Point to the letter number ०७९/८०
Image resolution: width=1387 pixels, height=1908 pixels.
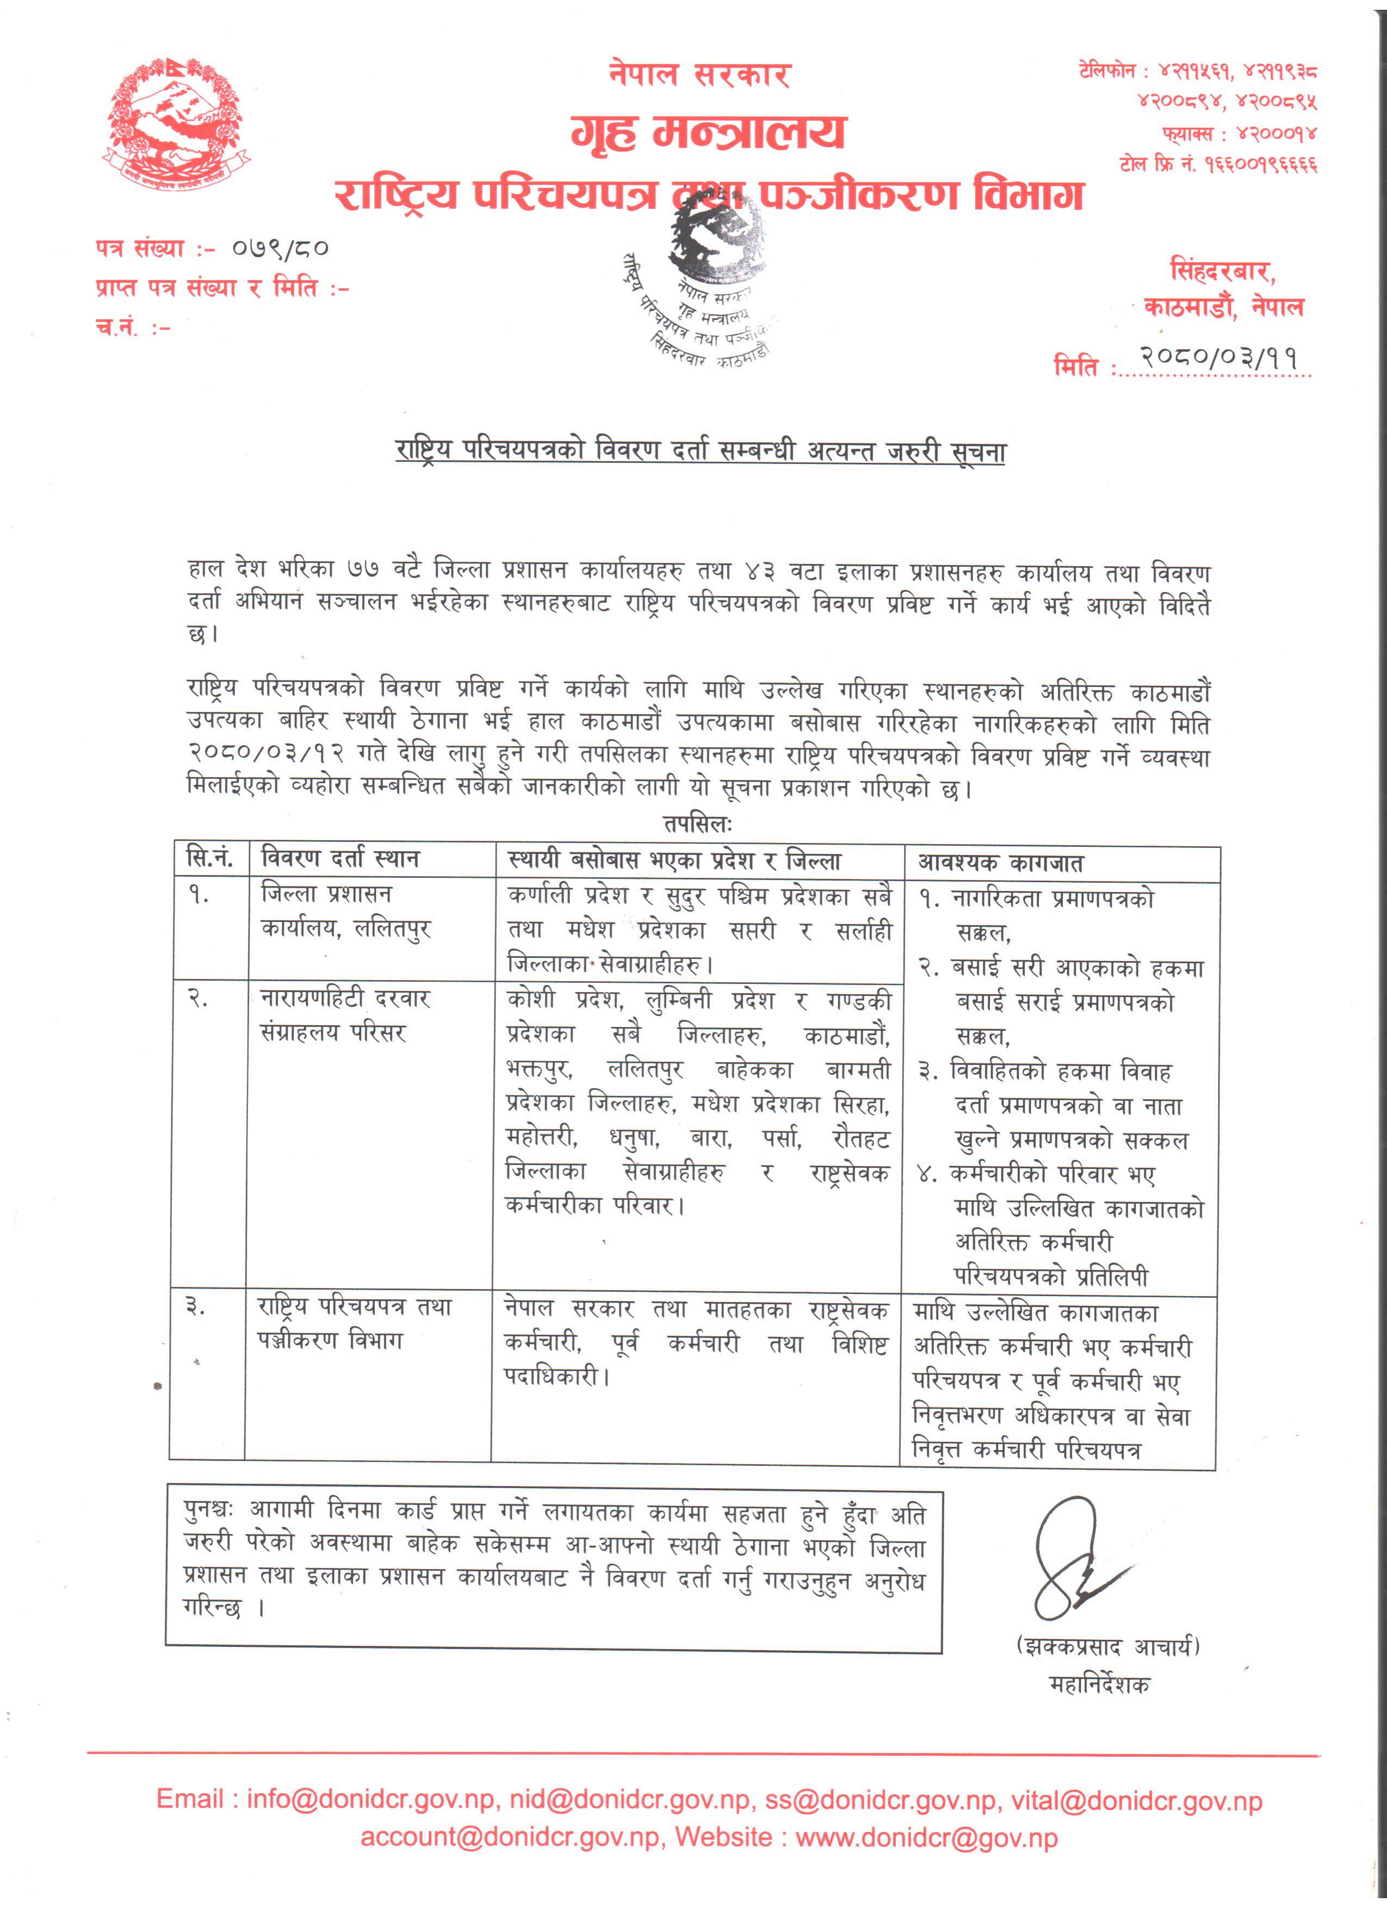pyautogui.click(x=280, y=248)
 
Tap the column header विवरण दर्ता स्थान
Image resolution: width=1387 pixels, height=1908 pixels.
pyautogui.click(x=340, y=859)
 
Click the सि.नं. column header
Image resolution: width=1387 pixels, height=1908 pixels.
pyautogui.click(x=209, y=859)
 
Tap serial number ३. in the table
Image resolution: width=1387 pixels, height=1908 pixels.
pyautogui.click(x=195, y=1306)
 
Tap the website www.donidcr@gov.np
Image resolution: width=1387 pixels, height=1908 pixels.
pyautogui.click(x=926, y=1837)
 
